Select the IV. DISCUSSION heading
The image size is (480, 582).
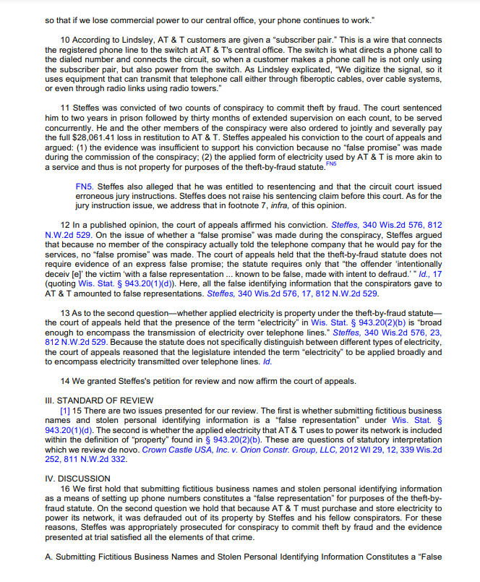(x=77, y=479)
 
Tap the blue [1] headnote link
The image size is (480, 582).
(x=65, y=410)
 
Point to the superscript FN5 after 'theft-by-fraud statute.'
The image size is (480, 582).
(x=331, y=164)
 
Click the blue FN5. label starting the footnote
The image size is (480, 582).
(x=87, y=186)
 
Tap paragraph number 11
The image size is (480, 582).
(x=65, y=108)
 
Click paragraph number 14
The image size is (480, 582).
(x=65, y=382)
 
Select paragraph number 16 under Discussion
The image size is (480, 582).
(x=65, y=488)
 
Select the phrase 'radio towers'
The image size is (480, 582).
(x=194, y=89)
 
